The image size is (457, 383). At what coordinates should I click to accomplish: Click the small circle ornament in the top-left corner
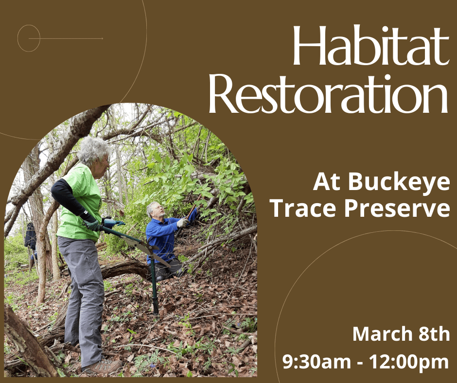click(29, 38)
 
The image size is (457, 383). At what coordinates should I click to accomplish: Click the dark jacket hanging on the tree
click(31, 237)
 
